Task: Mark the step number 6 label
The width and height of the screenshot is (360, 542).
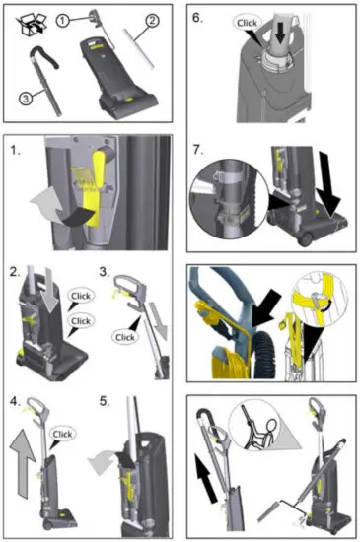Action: point(197,18)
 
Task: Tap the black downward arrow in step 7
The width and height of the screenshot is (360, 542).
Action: point(325,187)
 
